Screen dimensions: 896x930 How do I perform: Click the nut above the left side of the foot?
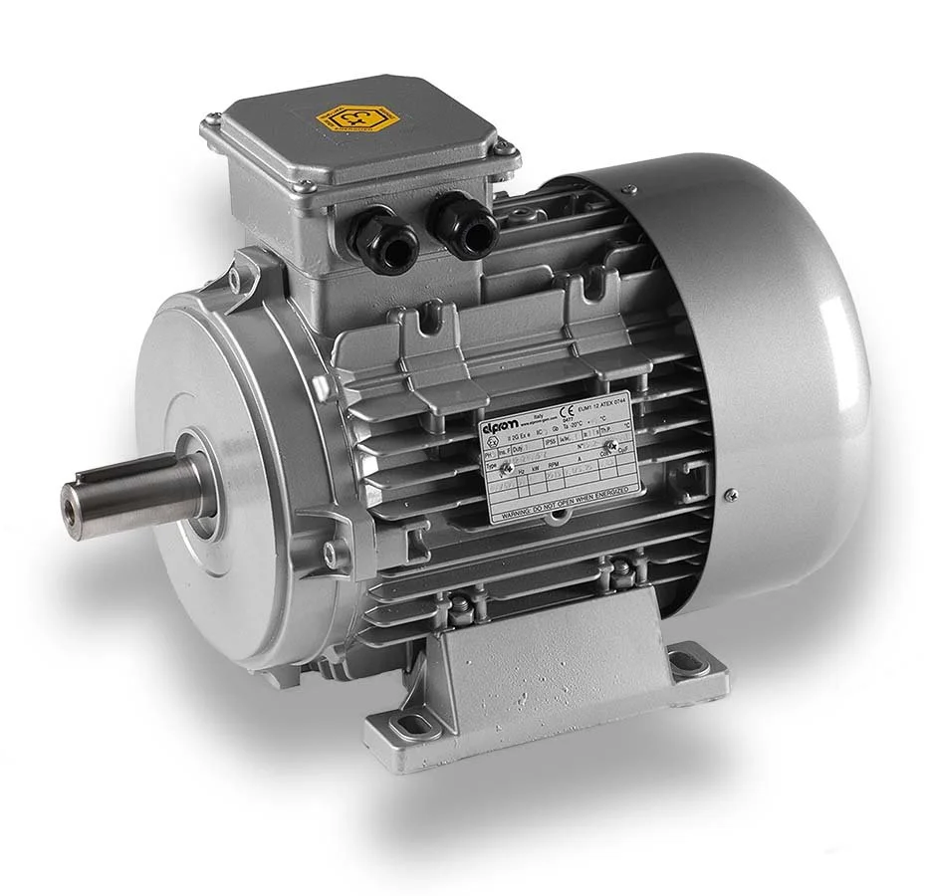pyautogui.click(x=462, y=604)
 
